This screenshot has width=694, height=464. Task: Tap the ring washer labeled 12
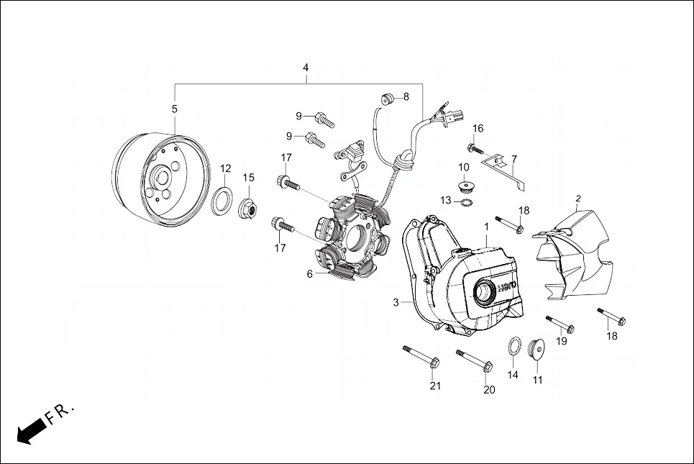tap(224, 200)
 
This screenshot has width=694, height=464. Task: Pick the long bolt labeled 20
tap(474, 360)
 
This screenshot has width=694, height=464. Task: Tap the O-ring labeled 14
tap(515, 346)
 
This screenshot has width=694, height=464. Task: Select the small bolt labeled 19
tap(559, 324)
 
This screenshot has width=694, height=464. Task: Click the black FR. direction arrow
tap(29, 431)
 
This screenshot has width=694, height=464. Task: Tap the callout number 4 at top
tap(306, 68)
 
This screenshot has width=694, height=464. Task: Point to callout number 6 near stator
tap(309, 274)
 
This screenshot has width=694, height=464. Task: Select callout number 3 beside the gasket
tap(396, 303)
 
